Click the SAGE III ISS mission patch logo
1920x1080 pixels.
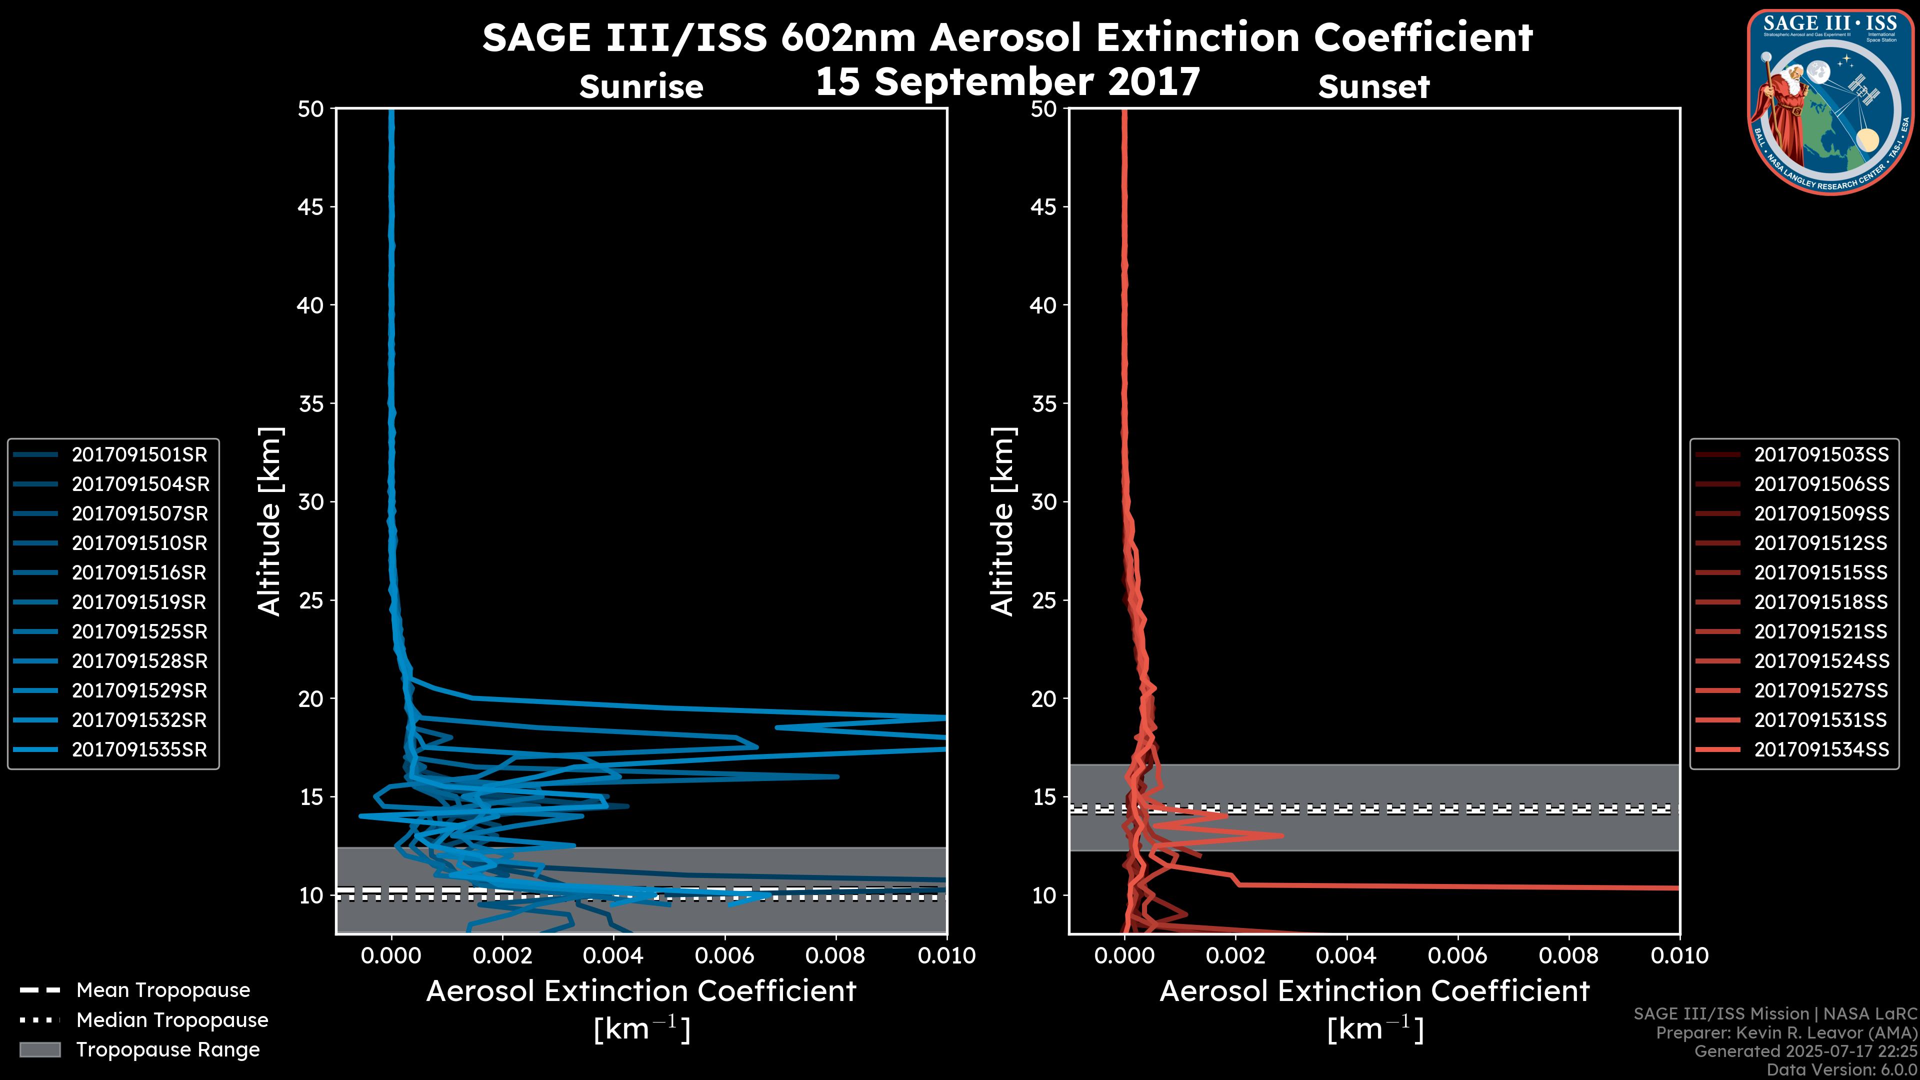pyautogui.click(x=1830, y=102)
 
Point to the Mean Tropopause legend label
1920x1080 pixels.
pyautogui.click(x=163, y=990)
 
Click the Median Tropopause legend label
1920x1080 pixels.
pyautogui.click(x=172, y=1020)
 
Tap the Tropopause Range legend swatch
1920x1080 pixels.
pyautogui.click(x=40, y=1049)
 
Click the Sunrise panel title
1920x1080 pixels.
pyautogui.click(x=641, y=87)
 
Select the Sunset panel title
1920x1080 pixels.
pyautogui.click(x=1373, y=87)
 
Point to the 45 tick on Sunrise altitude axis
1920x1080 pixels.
pyautogui.click(x=311, y=207)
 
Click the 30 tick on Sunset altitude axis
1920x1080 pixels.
pyautogui.click(x=1044, y=502)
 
